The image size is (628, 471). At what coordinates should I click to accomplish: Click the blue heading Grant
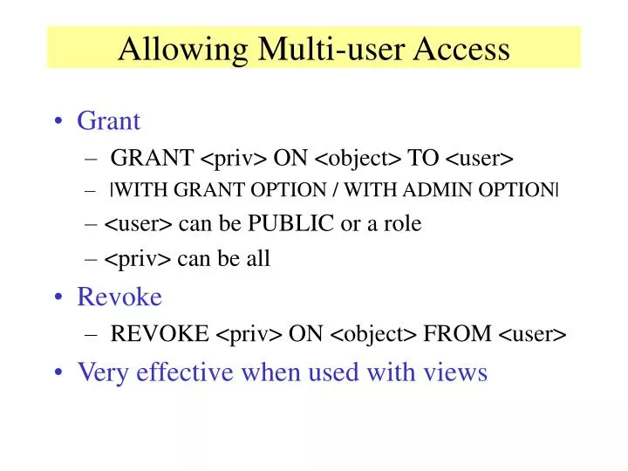pos(109,121)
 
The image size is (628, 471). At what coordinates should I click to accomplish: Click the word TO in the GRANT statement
pos(424,157)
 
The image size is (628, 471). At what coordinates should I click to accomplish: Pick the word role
pos(401,224)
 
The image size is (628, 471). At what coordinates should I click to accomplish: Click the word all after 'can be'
pos(259,259)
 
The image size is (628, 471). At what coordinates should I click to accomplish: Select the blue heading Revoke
pos(119,297)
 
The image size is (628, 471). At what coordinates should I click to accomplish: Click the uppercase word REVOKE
pos(160,333)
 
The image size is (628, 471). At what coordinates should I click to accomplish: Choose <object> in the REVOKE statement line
pos(376,334)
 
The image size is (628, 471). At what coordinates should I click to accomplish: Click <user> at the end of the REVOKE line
pos(533,334)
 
